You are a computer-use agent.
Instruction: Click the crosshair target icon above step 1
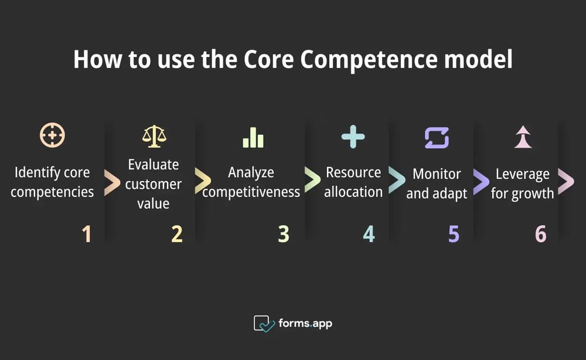click(x=52, y=135)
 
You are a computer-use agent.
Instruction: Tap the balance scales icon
click(x=154, y=136)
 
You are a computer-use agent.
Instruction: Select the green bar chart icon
click(x=253, y=137)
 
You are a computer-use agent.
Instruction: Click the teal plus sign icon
click(x=353, y=137)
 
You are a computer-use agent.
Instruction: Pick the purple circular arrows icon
click(x=437, y=137)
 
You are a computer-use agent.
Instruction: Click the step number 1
click(x=87, y=235)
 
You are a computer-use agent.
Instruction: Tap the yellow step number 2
click(x=177, y=235)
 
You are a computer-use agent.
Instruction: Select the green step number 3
click(x=284, y=235)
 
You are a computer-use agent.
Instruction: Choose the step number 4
click(x=369, y=235)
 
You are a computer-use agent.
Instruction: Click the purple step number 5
click(x=454, y=235)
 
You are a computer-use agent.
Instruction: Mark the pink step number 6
click(x=540, y=235)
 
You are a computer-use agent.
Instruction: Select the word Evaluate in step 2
click(x=154, y=164)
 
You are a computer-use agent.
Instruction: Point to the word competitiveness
click(x=251, y=192)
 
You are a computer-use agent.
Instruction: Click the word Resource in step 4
click(x=353, y=172)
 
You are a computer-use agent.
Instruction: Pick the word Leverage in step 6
click(x=523, y=174)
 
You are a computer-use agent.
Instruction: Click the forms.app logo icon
click(x=264, y=324)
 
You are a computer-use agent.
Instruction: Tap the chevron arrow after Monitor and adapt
click(x=480, y=183)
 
